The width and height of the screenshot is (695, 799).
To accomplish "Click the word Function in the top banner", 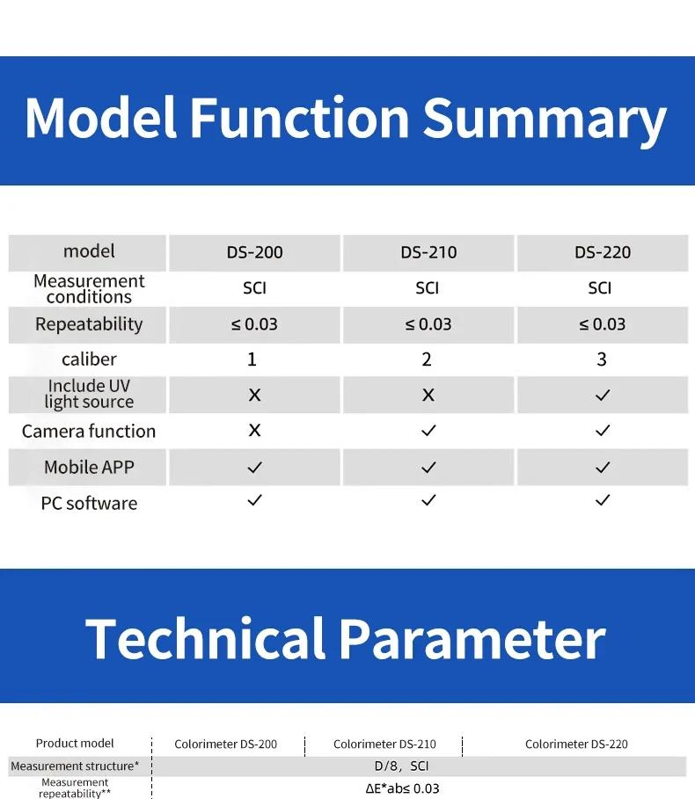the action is tap(299, 118).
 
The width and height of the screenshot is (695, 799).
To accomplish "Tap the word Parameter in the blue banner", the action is tap(472, 638).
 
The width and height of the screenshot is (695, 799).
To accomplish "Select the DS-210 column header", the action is tap(428, 252).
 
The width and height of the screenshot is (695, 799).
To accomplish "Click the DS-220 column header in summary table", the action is tap(603, 252).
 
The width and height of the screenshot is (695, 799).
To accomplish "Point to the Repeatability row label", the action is tap(89, 324).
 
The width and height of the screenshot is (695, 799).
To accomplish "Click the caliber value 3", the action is tap(602, 360).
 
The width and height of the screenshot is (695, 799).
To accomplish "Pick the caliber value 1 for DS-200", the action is tap(252, 360).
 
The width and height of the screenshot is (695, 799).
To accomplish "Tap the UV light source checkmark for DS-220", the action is tap(603, 395).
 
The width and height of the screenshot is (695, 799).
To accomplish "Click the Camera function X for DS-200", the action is tap(254, 430).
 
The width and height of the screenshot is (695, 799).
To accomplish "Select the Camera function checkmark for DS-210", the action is tap(428, 431).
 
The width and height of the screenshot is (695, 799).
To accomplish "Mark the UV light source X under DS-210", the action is tap(428, 395).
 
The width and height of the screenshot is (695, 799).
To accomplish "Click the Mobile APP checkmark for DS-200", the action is tap(254, 468).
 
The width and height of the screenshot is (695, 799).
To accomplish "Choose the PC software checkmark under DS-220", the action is tap(603, 500).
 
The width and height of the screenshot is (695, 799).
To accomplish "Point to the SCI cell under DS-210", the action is tap(427, 288).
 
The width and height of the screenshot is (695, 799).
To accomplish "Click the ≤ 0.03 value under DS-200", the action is tap(254, 324).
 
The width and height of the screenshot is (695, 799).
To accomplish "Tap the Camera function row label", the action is tap(89, 432).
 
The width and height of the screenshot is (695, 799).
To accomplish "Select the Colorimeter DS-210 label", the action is tap(384, 745).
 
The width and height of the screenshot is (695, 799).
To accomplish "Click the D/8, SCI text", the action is tap(401, 766).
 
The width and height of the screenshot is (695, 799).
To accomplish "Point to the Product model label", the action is tap(75, 744).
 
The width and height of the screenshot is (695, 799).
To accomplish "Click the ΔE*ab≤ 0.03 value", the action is tap(402, 788).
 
